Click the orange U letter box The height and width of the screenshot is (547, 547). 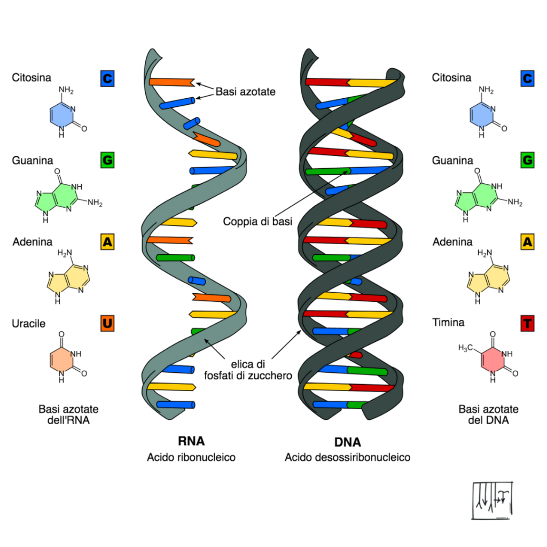click(107, 323)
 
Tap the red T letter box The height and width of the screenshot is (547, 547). click(527, 323)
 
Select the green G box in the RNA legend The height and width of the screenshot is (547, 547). click(107, 160)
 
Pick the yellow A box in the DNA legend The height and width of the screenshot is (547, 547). click(527, 242)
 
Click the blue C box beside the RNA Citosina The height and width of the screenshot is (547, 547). click(107, 79)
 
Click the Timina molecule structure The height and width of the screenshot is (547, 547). click(488, 356)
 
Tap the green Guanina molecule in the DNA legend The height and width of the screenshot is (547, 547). click(488, 196)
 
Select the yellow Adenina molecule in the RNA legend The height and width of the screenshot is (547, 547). click(68, 277)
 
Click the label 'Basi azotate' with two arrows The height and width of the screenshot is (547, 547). click(246, 91)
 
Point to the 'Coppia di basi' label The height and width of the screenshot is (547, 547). click(257, 221)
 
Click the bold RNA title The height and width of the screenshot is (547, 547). click(191, 441)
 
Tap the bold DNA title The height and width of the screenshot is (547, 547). click(347, 442)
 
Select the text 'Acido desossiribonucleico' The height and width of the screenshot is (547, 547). click(347, 457)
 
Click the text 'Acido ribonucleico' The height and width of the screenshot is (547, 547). click(191, 457)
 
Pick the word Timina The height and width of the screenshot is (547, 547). click(448, 322)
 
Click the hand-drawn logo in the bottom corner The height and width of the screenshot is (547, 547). click(493, 500)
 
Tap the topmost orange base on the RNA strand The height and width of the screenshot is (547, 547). click(172, 82)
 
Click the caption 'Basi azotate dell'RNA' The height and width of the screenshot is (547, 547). click(68, 415)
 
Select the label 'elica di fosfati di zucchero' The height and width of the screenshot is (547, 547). click(248, 370)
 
